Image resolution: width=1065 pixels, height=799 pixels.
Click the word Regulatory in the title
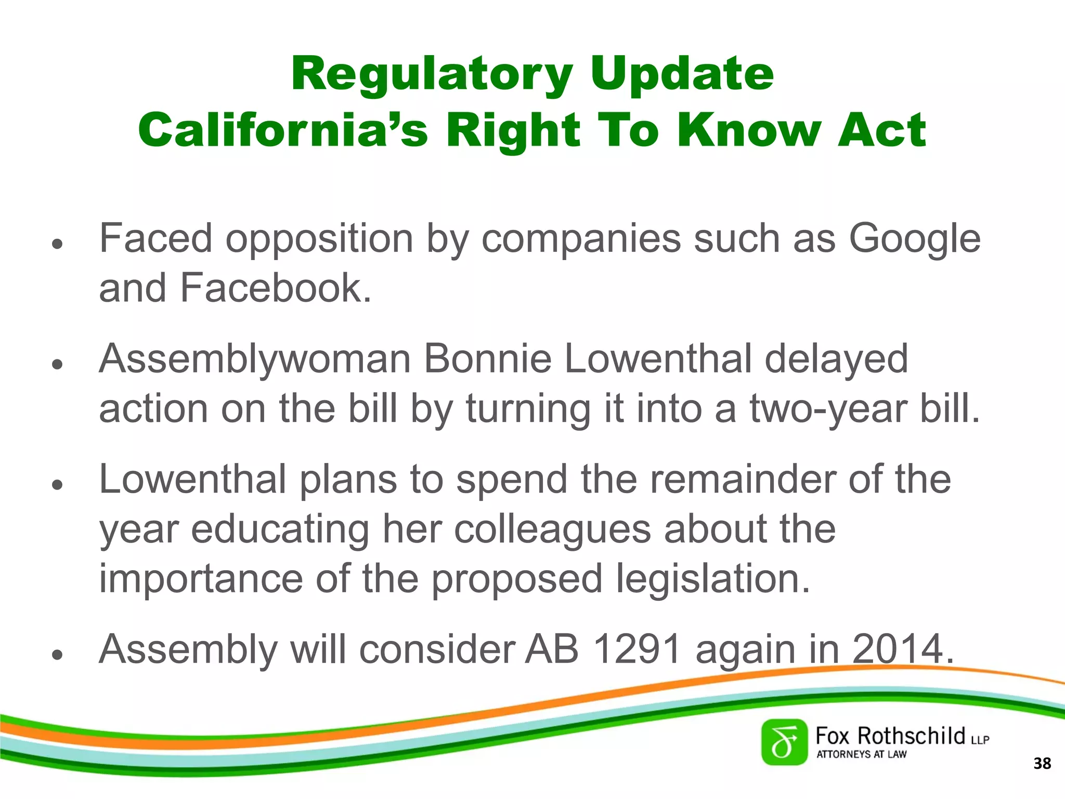[x=432, y=74]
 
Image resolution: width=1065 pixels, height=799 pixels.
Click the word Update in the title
[x=682, y=74]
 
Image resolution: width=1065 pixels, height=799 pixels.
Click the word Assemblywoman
[x=255, y=359]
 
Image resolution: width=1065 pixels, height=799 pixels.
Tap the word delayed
[x=836, y=359]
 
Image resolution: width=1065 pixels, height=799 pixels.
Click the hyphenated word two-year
[x=828, y=409]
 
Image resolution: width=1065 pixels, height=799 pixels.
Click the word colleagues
[x=552, y=530]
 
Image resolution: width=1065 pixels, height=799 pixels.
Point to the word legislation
[x=713, y=579]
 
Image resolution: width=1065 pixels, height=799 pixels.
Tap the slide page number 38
[x=1042, y=764]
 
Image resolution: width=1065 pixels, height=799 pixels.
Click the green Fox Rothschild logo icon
[x=784, y=742]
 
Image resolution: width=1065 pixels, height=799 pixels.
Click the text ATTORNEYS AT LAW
[x=861, y=754]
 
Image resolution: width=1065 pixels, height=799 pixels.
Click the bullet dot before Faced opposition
[x=57, y=243]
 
